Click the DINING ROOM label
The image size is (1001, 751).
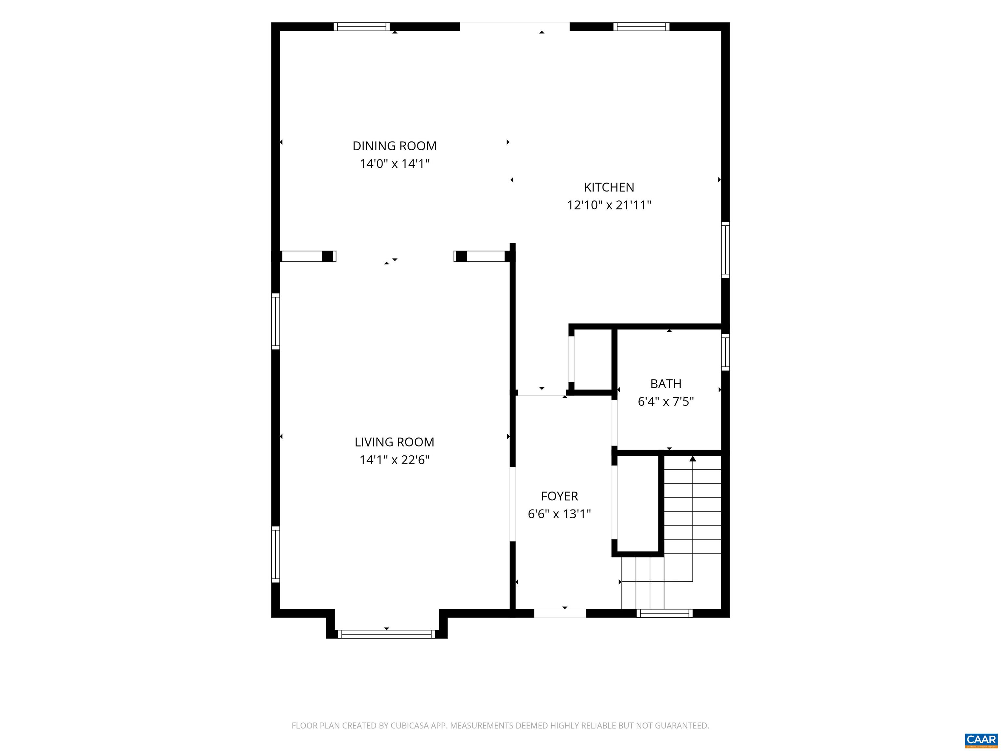click(394, 146)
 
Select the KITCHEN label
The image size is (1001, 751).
click(609, 187)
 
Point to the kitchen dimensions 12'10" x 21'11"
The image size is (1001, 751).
click(609, 205)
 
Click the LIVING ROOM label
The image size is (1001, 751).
click(394, 442)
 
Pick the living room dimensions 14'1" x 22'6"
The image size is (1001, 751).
click(394, 460)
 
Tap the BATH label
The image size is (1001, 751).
click(666, 384)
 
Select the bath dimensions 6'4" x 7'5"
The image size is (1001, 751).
click(666, 402)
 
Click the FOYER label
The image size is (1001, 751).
click(559, 496)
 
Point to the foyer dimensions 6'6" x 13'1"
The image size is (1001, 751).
click(559, 514)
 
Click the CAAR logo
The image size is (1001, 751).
click(981, 740)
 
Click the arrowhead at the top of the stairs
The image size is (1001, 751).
click(692, 459)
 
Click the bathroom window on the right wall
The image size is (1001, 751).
click(725, 352)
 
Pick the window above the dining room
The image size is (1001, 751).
click(362, 27)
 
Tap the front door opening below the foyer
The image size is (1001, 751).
click(560, 613)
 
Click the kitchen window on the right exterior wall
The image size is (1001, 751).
click(725, 250)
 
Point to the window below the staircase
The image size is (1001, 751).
click(664, 613)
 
